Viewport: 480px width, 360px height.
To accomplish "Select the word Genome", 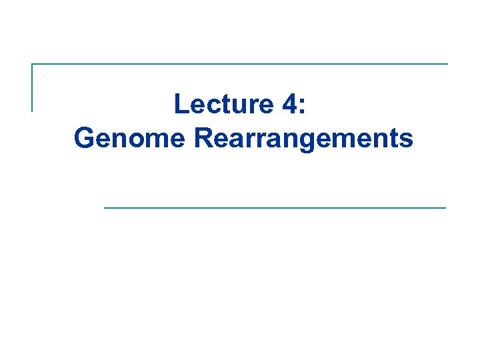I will click(131, 139).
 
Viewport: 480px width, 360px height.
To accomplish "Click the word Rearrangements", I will click(303, 139).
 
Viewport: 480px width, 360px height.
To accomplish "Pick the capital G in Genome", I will click(85, 138).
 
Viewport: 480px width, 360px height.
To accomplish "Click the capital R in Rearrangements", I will click(203, 138).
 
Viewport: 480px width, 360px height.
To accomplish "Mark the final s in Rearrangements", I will click(407, 140).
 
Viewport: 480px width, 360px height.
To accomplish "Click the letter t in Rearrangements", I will click(395, 139).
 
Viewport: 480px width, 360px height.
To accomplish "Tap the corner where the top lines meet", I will click(32, 65).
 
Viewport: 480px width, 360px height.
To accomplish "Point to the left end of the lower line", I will click(105, 208).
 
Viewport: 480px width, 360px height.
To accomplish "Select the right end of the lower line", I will click(445, 208).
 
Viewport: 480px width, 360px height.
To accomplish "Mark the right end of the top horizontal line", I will click(447, 65).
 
